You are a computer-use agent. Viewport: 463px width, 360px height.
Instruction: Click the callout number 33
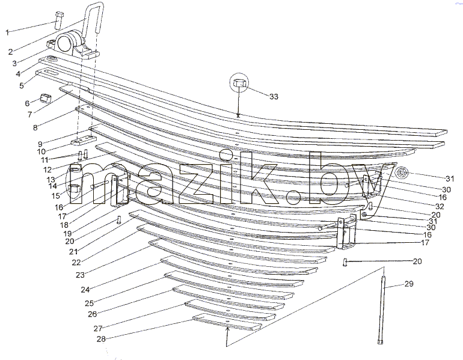click(274, 97)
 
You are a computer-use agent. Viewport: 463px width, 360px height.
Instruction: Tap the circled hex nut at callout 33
click(239, 82)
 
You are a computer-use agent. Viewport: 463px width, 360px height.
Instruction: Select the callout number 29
click(409, 284)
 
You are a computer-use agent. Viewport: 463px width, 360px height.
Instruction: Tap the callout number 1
click(7, 32)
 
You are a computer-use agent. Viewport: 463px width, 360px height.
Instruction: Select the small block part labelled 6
click(45, 98)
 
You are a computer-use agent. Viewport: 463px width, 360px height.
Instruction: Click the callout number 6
click(27, 103)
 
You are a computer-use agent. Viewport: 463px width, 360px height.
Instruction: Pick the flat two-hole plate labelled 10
click(84, 141)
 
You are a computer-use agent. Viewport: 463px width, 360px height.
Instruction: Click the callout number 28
click(101, 339)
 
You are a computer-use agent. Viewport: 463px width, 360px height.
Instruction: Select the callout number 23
click(80, 275)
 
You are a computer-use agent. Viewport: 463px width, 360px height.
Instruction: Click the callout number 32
click(440, 206)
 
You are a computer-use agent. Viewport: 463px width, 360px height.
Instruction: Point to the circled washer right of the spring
click(402, 173)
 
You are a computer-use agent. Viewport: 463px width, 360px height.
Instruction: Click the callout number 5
click(22, 86)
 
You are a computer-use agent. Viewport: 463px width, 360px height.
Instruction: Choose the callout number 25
click(89, 303)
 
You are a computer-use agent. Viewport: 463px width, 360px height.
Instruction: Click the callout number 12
click(48, 169)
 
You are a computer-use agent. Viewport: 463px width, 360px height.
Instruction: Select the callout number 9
click(40, 144)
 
